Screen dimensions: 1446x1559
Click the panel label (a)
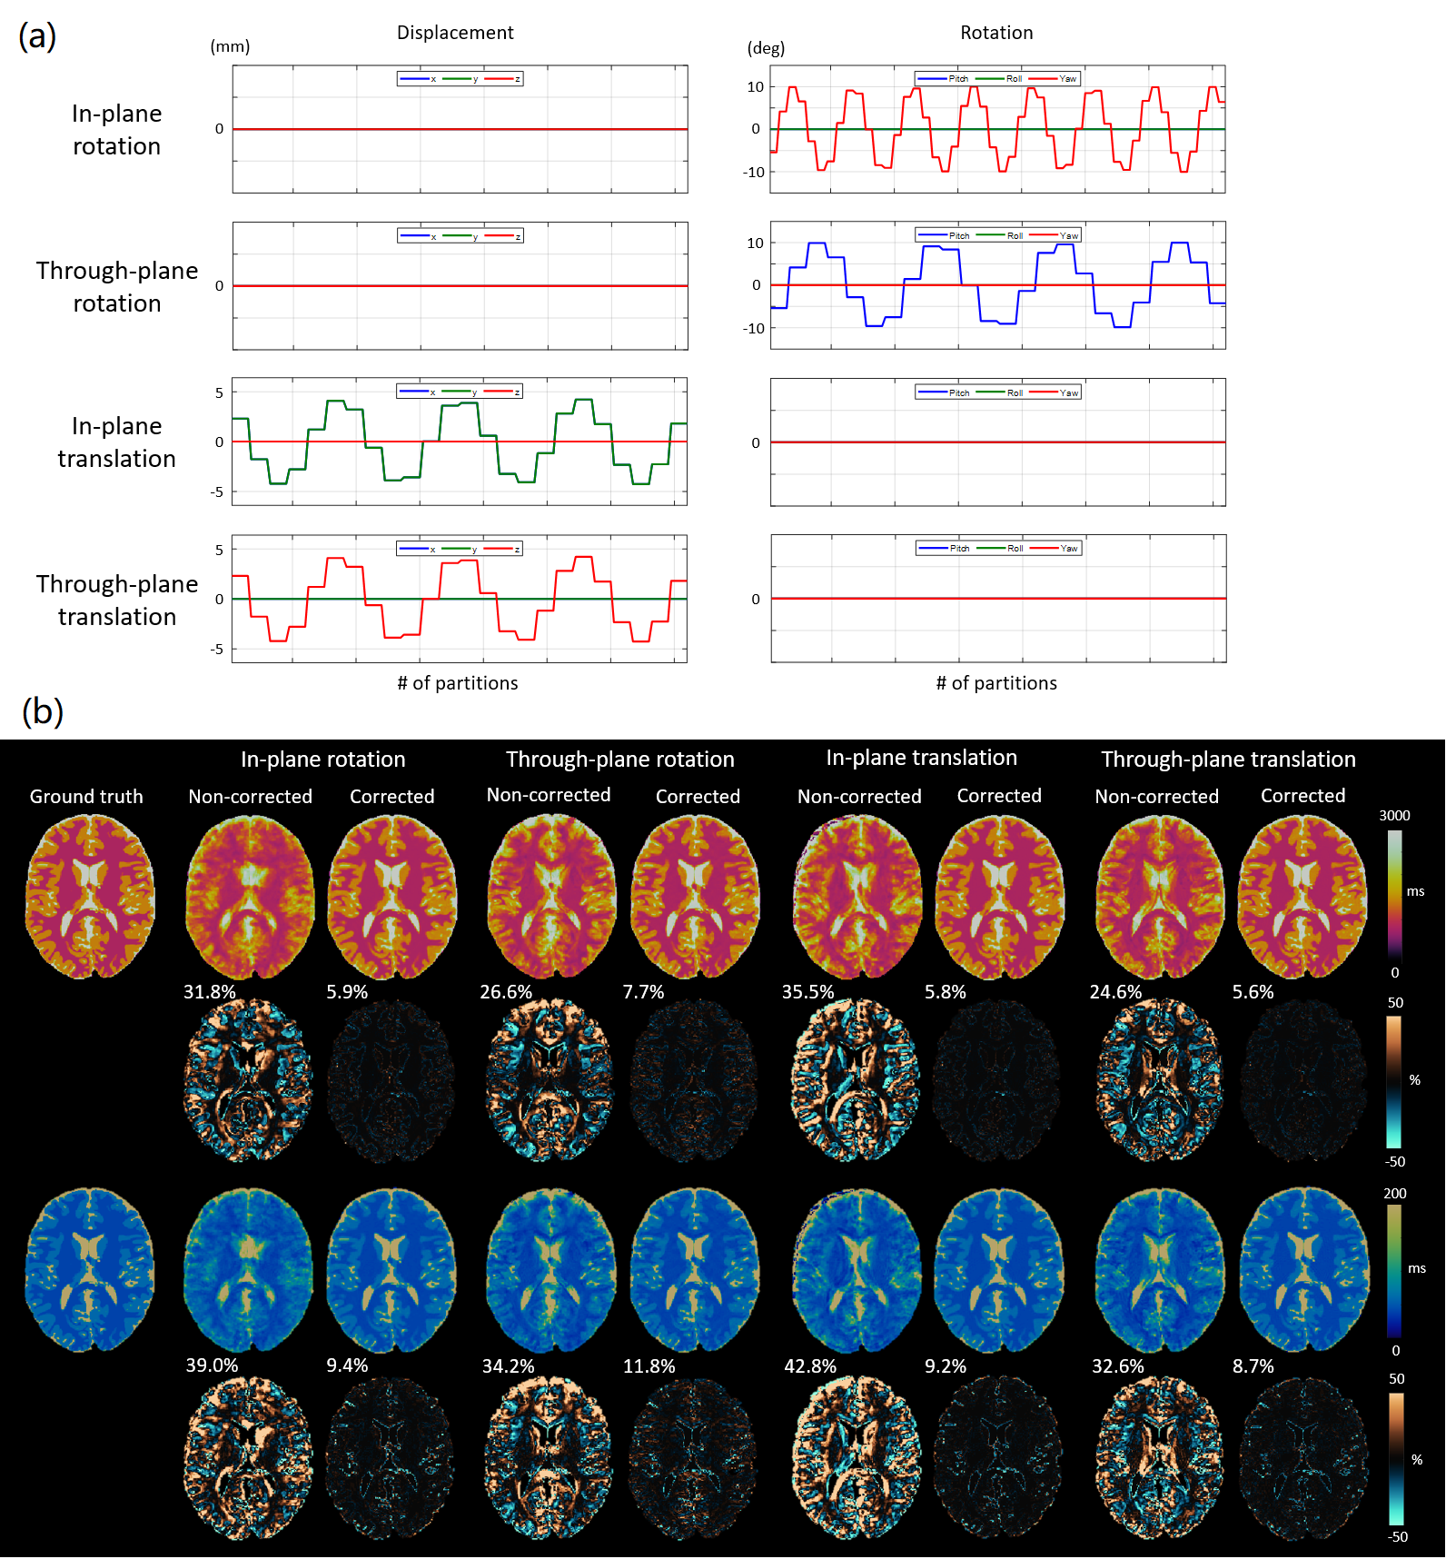coord(37,36)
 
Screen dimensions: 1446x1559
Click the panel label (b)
coord(42,710)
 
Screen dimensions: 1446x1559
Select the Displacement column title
coord(455,33)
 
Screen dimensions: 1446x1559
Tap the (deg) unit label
coord(766,48)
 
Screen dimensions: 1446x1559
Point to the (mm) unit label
coord(230,46)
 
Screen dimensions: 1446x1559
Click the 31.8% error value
coord(210,992)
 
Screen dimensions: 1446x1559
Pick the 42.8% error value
coord(810,1366)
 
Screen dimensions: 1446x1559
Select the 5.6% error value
coord(1253,992)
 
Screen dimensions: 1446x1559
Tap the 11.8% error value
coord(649,1366)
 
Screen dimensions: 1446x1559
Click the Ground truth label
coord(86,797)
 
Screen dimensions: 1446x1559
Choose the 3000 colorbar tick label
coord(1394,816)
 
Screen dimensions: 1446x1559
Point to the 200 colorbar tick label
coord(1394,1194)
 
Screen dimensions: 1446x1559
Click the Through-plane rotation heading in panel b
coord(620,760)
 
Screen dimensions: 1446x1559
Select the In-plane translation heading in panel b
coord(921,758)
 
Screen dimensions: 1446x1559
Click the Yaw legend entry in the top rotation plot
coord(1067,79)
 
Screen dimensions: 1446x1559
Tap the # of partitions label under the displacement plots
coord(458,683)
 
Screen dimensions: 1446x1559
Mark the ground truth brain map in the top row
coord(89,897)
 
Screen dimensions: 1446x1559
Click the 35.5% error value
coord(807,992)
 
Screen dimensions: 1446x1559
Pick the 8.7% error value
coord(1253,1366)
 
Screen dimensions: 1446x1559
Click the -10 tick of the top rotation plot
coord(754,173)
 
